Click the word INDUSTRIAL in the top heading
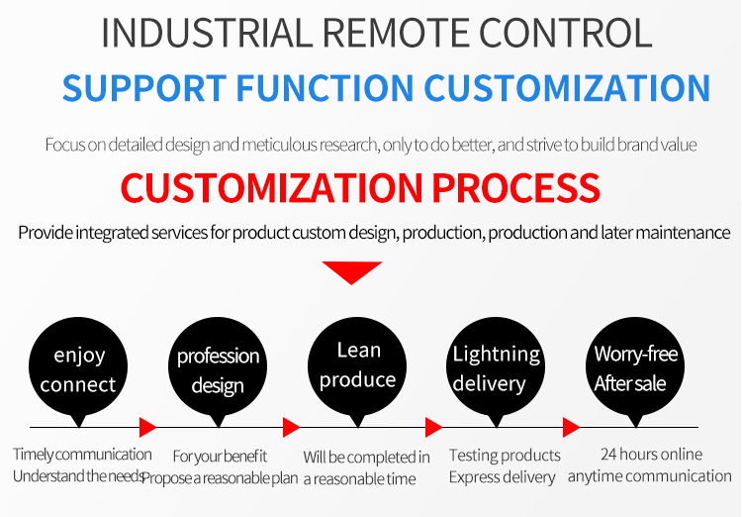pyautogui.click(x=207, y=33)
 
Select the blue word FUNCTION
pyautogui.click(x=325, y=88)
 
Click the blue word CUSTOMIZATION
pyautogui.click(x=567, y=88)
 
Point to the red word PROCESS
pyautogui.click(x=515, y=187)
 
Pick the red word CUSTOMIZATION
pyautogui.click(x=272, y=187)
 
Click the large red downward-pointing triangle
pyautogui.click(x=351, y=272)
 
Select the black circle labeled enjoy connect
pyautogui.click(x=78, y=368)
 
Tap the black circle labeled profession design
pyautogui.click(x=218, y=368)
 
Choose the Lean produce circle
pyautogui.click(x=357, y=368)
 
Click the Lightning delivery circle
pyautogui.click(x=496, y=368)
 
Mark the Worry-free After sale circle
pyautogui.click(x=635, y=368)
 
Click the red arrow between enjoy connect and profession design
pyautogui.click(x=147, y=427)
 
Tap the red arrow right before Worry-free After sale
pyautogui.click(x=571, y=427)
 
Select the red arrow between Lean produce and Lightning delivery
pyautogui.click(x=433, y=427)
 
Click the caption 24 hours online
pyautogui.click(x=651, y=454)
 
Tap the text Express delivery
pyautogui.click(x=502, y=477)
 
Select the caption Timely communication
pyautogui.click(x=82, y=454)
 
